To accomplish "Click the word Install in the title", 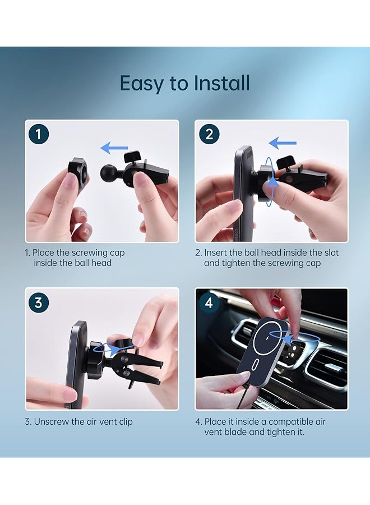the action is pos(221,83).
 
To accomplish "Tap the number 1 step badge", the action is pos(38,134).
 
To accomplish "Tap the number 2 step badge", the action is pos(209,134).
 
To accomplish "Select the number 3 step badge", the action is pos(38,303).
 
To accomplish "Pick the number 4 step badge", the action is pos(209,303).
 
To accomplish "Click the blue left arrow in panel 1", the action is pos(114,148).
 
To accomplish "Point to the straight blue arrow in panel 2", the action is pos(283,143).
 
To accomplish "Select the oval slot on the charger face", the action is pos(257,366).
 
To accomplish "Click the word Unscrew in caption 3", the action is pos(51,421).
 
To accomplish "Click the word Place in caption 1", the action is pos(43,252).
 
